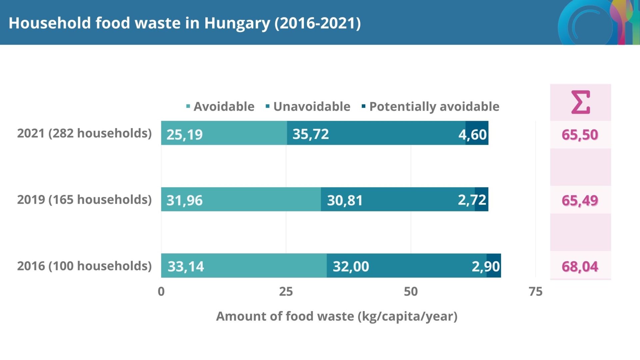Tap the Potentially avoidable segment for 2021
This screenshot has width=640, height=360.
click(477, 133)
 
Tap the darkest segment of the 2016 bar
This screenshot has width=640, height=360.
click(494, 266)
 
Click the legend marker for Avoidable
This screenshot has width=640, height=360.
click(188, 106)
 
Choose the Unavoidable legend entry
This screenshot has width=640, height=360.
click(311, 106)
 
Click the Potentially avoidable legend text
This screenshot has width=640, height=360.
click(434, 106)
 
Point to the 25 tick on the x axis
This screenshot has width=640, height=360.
click(286, 292)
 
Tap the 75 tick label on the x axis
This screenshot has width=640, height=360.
click(535, 292)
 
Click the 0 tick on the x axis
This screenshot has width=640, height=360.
click(161, 292)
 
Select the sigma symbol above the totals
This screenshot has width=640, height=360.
click(580, 102)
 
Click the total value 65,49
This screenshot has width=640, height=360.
click(580, 201)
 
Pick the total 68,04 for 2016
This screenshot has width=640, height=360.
click(580, 267)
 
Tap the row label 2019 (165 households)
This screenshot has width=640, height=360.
click(84, 200)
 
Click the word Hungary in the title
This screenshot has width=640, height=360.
click(237, 23)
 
